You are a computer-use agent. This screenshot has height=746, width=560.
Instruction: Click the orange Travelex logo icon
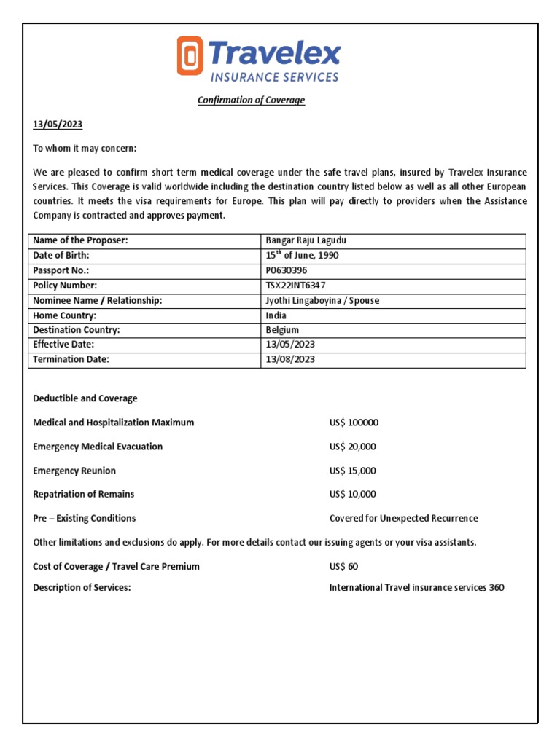click(190, 57)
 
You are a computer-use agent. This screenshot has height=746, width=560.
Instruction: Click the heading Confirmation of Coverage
click(251, 100)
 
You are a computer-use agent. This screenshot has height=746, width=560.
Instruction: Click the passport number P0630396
click(287, 270)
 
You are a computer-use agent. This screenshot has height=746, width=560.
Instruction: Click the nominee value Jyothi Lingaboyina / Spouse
click(322, 300)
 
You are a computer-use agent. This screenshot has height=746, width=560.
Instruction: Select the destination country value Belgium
click(282, 330)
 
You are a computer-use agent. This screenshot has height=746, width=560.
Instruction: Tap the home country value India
click(276, 315)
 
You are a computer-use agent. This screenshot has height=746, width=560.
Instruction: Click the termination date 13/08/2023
click(290, 359)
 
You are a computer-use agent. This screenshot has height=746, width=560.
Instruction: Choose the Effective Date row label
click(63, 344)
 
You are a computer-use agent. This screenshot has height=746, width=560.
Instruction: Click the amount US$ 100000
click(354, 423)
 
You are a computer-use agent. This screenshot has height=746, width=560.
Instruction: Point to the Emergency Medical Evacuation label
click(98, 447)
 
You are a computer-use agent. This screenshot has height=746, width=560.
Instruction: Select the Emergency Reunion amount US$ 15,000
click(353, 471)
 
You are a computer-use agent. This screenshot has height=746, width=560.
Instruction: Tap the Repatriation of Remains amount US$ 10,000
click(353, 494)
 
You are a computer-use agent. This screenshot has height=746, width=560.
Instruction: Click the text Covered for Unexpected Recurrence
click(403, 518)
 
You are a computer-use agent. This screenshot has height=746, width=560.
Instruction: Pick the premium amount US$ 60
click(343, 566)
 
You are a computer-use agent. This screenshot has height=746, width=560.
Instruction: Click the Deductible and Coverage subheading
click(85, 398)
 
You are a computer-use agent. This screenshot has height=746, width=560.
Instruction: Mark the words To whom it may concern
click(85, 149)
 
